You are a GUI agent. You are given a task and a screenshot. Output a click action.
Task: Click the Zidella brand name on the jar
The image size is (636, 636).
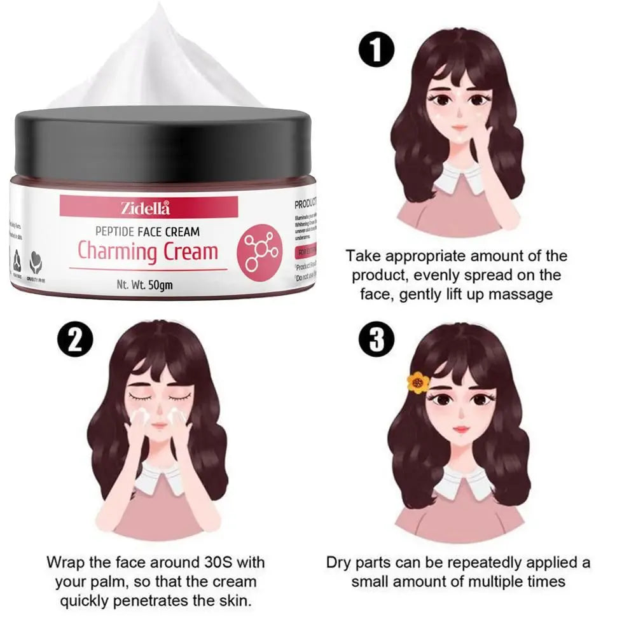[146, 207]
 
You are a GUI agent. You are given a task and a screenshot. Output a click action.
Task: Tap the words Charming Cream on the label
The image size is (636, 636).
[148, 251]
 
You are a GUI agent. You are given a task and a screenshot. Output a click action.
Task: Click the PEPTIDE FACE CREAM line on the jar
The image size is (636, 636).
[147, 232]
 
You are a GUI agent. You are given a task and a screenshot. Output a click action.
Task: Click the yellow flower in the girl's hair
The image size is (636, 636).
[418, 383]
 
